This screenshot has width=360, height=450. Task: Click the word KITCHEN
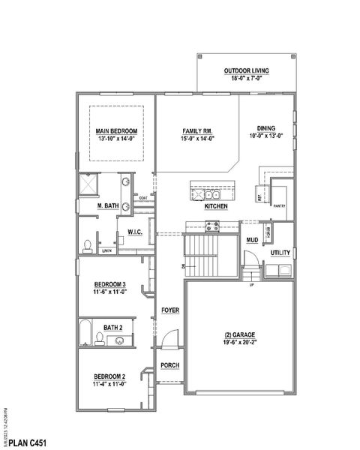pos(216,205)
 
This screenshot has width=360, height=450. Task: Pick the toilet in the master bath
pos(88,245)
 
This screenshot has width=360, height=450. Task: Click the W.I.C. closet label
pos(136,231)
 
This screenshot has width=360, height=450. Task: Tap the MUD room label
pos(252,240)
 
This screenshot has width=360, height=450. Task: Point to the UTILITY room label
pos(280,253)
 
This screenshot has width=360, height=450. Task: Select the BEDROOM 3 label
pos(109,283)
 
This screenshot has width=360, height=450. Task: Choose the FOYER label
pos(169,310)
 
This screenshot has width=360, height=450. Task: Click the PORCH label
pos(169,365)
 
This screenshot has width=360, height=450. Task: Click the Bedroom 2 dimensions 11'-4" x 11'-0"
pos(109,383)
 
